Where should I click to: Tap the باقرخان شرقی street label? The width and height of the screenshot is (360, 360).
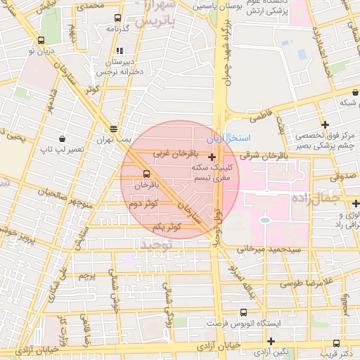264,155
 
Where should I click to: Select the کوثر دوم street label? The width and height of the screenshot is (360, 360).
144,204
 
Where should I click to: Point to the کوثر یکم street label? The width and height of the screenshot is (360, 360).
167,226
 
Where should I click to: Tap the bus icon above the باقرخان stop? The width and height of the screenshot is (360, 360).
146,174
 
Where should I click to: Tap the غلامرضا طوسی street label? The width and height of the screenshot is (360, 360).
305,283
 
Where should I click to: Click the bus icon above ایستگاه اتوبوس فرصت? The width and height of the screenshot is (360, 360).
243,312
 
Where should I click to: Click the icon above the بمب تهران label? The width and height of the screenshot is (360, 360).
113,129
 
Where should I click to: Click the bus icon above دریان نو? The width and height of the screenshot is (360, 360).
44,40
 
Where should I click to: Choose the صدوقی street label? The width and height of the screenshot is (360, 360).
345,177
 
